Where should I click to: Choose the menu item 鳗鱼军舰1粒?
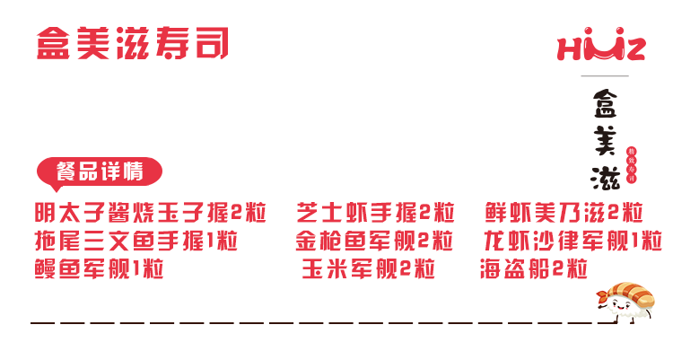tap(99, 268)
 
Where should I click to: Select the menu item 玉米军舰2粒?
tap(368, 268)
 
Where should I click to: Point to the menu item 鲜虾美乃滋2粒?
tap(564, 215)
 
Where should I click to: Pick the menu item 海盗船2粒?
tap(533, 268)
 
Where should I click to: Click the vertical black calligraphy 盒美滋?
tap(600, 139)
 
